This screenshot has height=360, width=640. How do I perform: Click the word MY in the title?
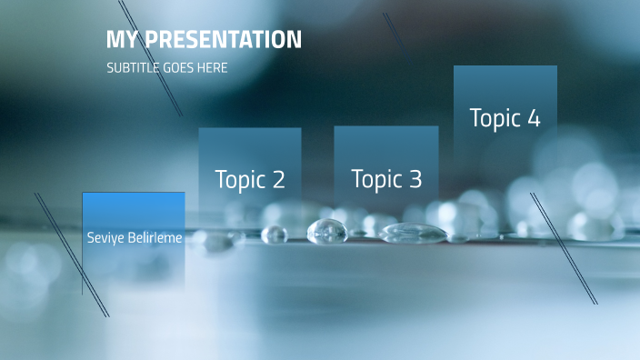(123, 40)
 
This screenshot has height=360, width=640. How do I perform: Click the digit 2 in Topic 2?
(277, 180)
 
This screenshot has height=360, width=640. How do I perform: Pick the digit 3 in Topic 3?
(414, 180)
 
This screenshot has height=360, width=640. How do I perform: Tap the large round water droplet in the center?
(327, 232)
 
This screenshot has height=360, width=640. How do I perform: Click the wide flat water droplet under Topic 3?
(413, 234)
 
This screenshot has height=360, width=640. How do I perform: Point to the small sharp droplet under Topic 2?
(275, 235)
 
